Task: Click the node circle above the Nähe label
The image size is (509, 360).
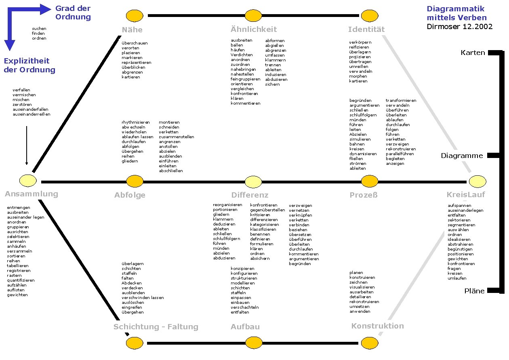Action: [135, 16]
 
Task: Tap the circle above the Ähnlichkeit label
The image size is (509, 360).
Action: [253, 16]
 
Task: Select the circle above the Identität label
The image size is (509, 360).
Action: [369, 16]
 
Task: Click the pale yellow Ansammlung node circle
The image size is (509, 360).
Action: [28, 180]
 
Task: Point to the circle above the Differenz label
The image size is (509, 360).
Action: [253, 182]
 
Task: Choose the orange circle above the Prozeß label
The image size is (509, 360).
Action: [369, 181]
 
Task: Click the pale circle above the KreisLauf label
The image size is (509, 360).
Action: [477, 181]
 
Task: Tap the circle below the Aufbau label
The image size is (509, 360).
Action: [253, 343]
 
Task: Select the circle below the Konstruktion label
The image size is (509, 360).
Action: [369, 343]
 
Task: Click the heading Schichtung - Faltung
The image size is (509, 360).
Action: [156, 327]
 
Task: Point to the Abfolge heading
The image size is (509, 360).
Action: [130, 195]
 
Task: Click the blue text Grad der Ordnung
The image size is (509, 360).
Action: [73, 13]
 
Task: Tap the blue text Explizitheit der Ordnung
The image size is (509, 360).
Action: [29, 65]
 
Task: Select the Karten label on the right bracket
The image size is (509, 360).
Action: [473, 53]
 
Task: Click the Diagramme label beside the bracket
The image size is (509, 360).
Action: [462, 156]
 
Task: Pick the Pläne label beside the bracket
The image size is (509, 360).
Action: [474, 291]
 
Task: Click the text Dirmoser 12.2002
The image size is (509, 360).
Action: [460, 27]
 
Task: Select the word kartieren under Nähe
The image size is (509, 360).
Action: [131, 77]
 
